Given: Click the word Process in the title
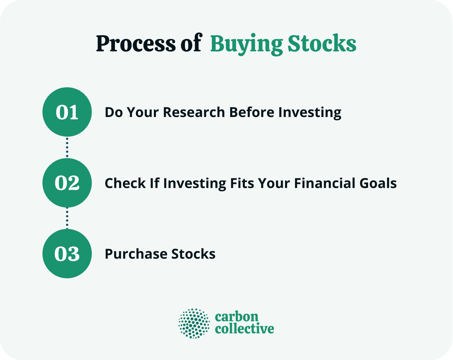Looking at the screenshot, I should pos(136,44).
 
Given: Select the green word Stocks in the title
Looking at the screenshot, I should pos(322,44).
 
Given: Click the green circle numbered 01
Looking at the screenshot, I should pos(67,112).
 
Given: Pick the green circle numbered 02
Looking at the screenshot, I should pos(67,183).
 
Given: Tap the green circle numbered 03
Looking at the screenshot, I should pos(67,254).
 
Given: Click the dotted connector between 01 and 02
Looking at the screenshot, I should pos(67,147).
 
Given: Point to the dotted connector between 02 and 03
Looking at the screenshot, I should pos(67,218).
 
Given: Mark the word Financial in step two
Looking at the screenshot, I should pos(315,183).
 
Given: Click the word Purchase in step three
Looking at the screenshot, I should pos(136,254).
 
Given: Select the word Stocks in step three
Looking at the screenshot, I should pos(193,254).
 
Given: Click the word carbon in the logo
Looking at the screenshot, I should pos(236,316).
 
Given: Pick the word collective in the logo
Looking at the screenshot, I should pos(244,329).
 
